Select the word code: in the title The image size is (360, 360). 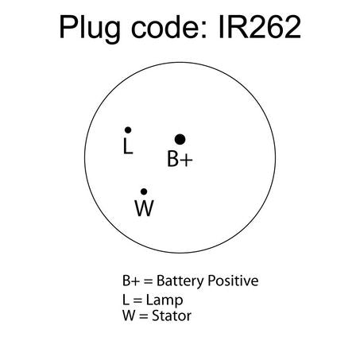[169, 27]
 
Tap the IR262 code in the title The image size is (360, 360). [260, 27]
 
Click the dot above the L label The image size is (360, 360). [128, 130]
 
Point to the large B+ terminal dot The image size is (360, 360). [180, 139]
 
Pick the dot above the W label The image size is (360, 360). [144, 192]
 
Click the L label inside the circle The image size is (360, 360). [128, 145]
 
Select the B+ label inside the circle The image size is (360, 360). [180, 159]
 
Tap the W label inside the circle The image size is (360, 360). [145, 208]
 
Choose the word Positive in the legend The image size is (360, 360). [233, 281]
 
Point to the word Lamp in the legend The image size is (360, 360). [165, 300]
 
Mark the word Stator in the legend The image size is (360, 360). [172, 315]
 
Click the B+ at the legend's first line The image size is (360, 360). [131, 281]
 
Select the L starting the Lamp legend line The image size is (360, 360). [126, 300]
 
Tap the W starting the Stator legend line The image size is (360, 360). [130, 315]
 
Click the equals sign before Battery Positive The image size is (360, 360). [149, 281]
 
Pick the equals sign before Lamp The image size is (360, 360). [137, 300]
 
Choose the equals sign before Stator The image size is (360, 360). [144, 316]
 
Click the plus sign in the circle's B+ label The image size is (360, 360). [187, 160]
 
